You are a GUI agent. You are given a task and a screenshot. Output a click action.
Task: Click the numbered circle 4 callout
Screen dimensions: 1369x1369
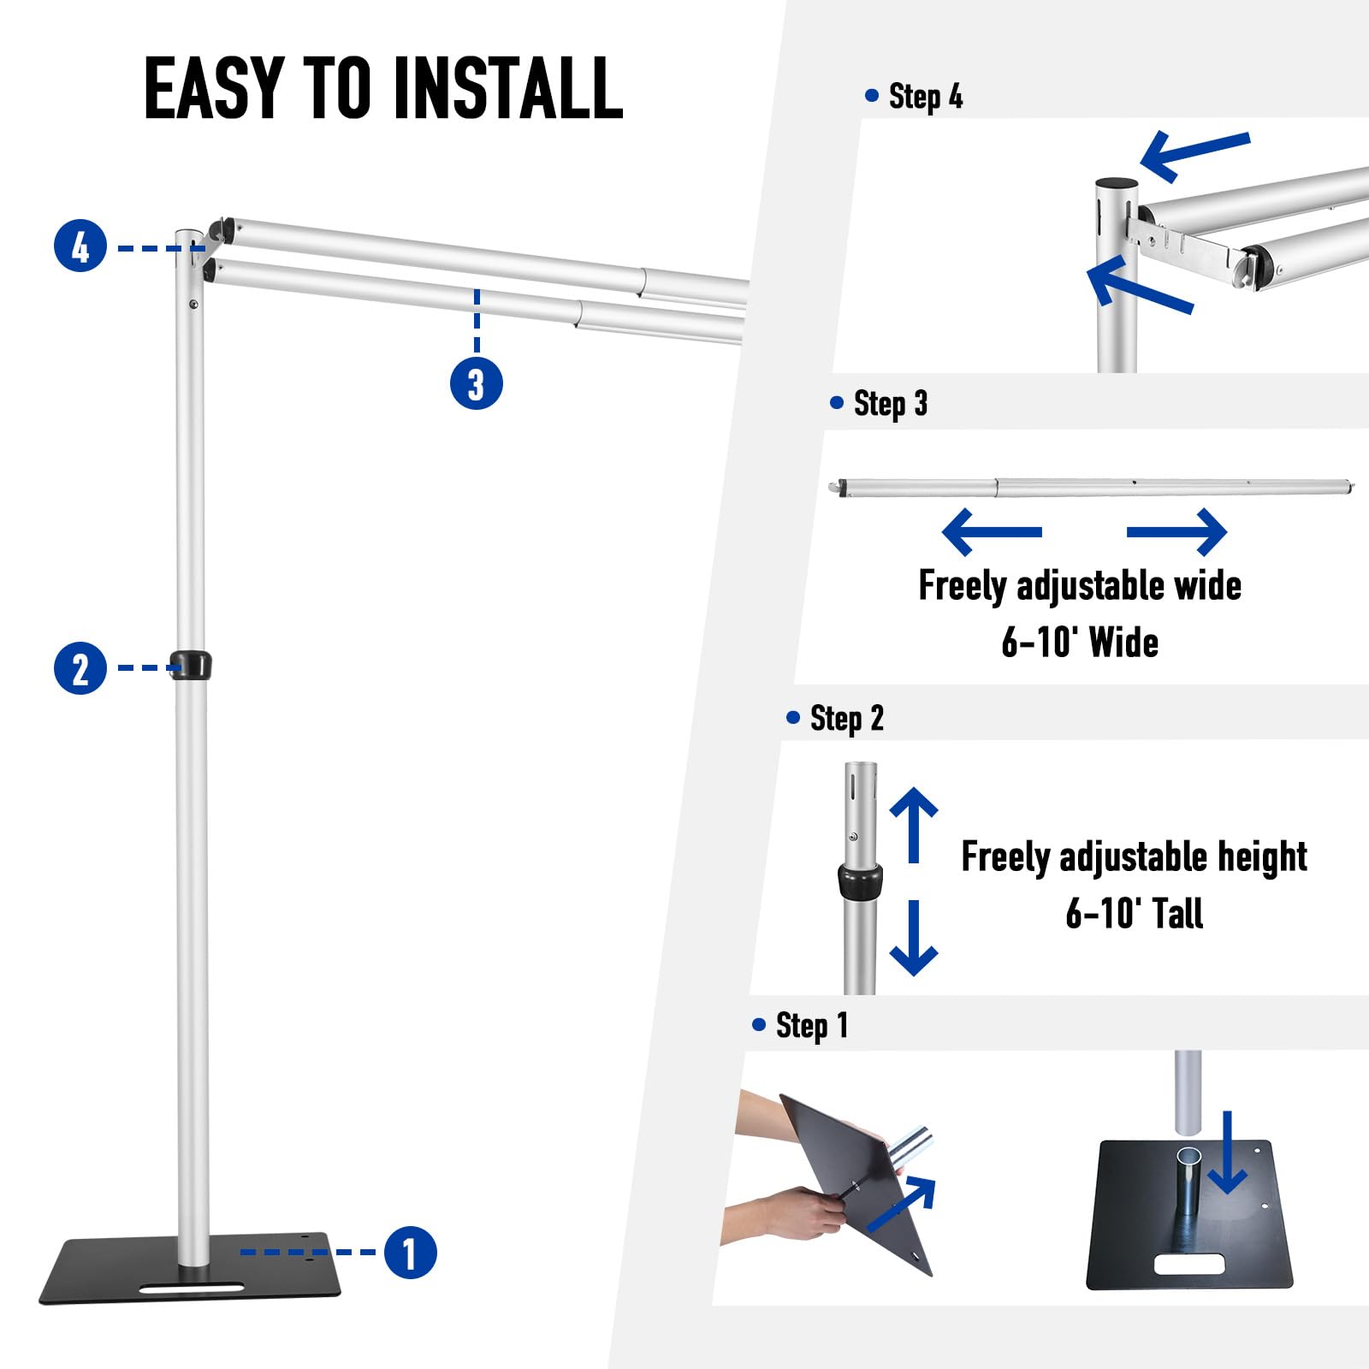pyautogui.click(x=80, y=246)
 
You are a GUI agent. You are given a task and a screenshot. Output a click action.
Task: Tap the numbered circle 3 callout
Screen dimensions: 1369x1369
pyautogui.click(x=476, y=382)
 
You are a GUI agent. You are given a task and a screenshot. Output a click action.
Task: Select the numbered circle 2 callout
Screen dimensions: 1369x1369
pyautogui.click(x=80, y=668)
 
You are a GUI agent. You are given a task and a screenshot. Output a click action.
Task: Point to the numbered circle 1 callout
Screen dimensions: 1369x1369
pyautogui.click(x=410, y=1253)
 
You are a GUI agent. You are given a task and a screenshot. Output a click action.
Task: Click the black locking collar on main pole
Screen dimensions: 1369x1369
pyautogui.click(x=191, y=665)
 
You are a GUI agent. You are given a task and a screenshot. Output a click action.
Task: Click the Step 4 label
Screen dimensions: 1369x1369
pyautogui.click(x=924, y=96)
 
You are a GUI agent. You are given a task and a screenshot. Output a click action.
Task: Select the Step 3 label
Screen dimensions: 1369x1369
pyautogui.click(x=889, y=403)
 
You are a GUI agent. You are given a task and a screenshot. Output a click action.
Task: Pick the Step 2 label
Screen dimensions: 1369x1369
pyautogui.click(x=845, y=718)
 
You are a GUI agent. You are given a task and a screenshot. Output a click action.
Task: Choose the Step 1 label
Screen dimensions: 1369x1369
pyautogui.click(x=810, y=1024)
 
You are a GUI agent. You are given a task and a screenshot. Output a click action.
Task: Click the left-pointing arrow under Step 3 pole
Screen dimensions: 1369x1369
pyautogui.click(x=991, y=531)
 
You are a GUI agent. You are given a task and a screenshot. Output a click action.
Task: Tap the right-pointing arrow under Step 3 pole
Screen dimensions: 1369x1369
pyautogui.click(x=1178, y=531)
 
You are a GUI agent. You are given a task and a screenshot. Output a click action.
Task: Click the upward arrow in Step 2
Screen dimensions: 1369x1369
pyautogui.click(x=914, y=823)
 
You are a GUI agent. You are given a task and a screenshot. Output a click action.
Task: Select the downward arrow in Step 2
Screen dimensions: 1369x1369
pyautogui.click(x=914, y=939)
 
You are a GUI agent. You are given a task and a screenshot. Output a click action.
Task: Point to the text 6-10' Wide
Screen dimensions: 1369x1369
pyautogui.click(x=1080, y=642)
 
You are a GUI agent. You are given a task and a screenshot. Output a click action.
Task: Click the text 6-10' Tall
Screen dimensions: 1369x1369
pyautogui.click(x=1134, y=913)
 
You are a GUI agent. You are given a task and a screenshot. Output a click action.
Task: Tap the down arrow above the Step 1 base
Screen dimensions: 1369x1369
pyautogui.click(x=1228, y=1153)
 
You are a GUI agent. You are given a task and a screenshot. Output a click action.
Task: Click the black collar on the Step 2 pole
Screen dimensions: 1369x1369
pyautogui.click(x=859, y=880)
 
